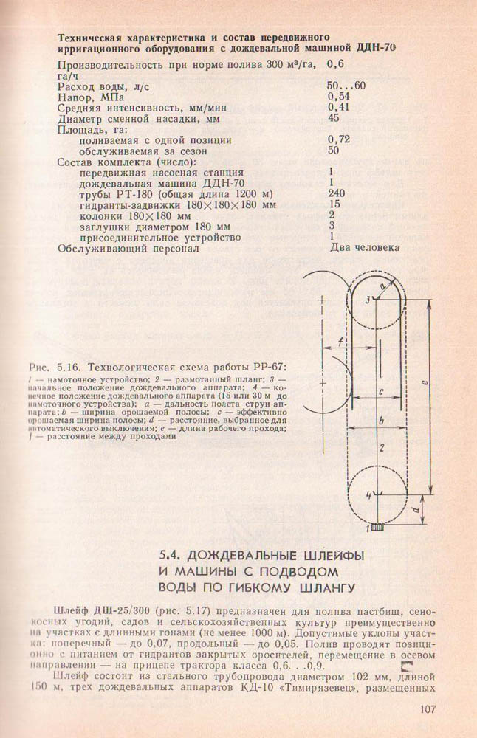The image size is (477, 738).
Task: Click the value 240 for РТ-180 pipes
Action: coord(336,193)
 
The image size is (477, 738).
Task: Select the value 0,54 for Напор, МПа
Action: coord(337,96)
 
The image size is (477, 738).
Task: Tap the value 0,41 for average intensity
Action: coord(337,107)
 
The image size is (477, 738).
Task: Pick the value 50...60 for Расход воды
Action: coord(346,86)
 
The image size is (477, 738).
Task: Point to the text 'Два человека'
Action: coord(365,248)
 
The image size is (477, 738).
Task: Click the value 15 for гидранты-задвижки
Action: coord(333,204)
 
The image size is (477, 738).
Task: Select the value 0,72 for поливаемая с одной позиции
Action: coord(337,139)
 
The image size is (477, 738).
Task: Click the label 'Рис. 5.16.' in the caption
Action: coord(52,368)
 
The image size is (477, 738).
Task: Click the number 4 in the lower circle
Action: coord(368,494)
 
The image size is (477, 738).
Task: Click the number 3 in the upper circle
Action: coord(367,298)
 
